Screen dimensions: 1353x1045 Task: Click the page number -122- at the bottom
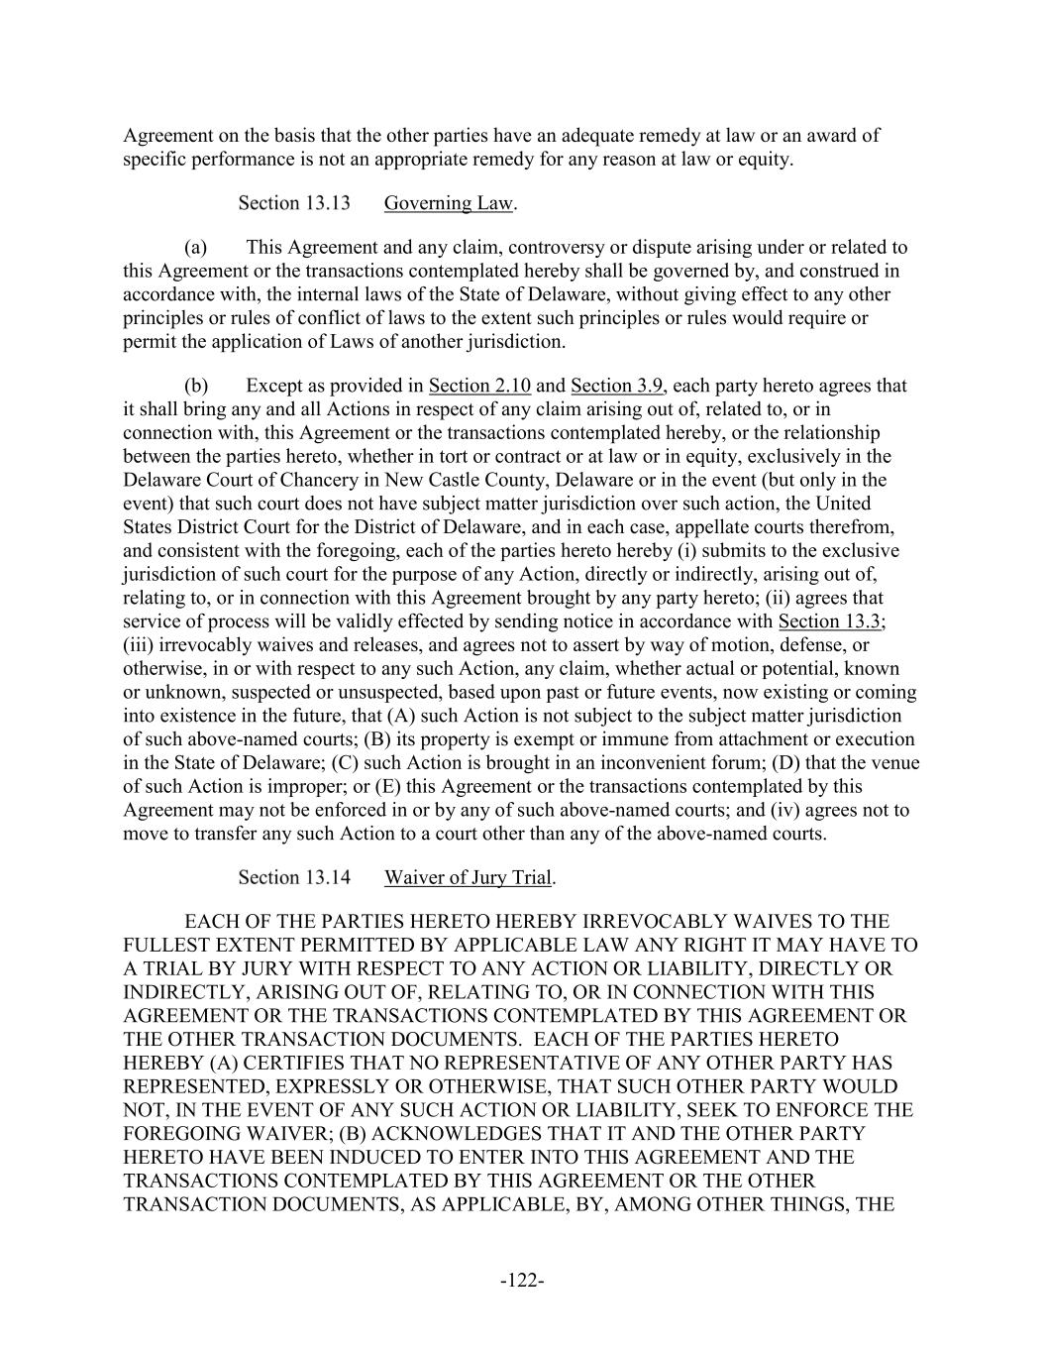(x=522, y=1281)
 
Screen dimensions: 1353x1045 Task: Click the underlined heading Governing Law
(x=449, y=203)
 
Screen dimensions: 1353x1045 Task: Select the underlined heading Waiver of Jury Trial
(x=468, y=877)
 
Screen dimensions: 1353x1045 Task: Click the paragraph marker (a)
(x=195, y=247)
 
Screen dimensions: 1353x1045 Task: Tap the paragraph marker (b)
(x=195, y=386)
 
